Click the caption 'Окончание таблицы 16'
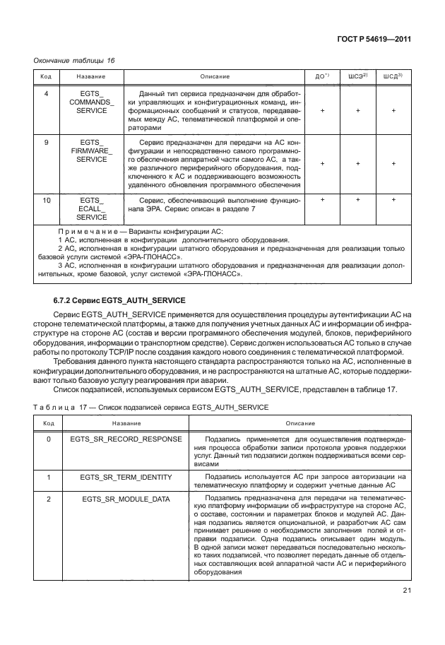coord(75,60)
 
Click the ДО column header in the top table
coord(321,76)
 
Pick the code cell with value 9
coord(46,143)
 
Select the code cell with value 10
coord(46,201)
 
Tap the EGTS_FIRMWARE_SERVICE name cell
coord(92,151)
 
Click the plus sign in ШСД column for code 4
coord(393,111)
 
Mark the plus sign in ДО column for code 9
coord(322,164)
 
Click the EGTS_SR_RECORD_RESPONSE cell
coord(126,439)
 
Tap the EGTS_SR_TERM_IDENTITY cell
coord(126,477)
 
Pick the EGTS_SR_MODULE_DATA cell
coord(126,499)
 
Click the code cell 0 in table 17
coord(48,439)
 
